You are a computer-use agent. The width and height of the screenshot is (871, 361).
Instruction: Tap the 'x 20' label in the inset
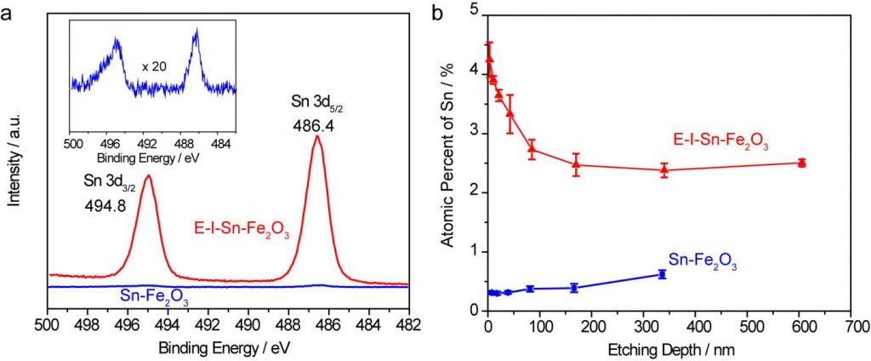click(x=152, y=66)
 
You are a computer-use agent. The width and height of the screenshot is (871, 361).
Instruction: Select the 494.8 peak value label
click(x=103, y=205)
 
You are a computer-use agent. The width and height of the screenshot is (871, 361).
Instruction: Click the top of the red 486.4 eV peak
click(x=317, y=136)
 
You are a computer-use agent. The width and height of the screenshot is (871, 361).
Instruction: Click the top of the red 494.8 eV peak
click(x=148, y=176)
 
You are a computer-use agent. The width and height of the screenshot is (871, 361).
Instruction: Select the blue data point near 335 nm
click(x=662, y=274)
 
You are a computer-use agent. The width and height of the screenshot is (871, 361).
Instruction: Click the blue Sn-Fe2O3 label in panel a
click(x=152, y=297)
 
